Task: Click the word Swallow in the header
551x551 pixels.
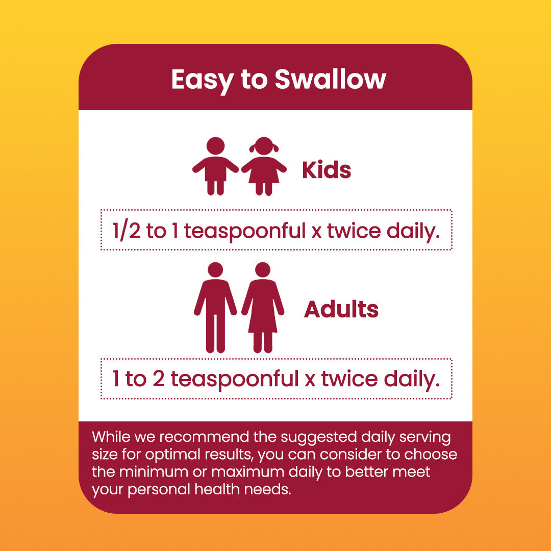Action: [x=330, y=80]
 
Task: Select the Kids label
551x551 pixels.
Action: [x=327, y=170]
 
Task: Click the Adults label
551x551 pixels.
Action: [x=341, y=309]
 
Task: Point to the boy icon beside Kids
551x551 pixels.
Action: [x=215, y=166]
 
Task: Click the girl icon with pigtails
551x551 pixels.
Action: [x=264, y=166]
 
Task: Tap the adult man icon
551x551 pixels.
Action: [x=215, y=307]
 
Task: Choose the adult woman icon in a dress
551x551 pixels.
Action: [x=263, y=307]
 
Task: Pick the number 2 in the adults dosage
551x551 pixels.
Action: [x=159, y=379]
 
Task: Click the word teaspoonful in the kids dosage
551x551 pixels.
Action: [x=244, y=232]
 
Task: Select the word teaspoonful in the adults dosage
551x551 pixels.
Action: [x=234, y=380]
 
